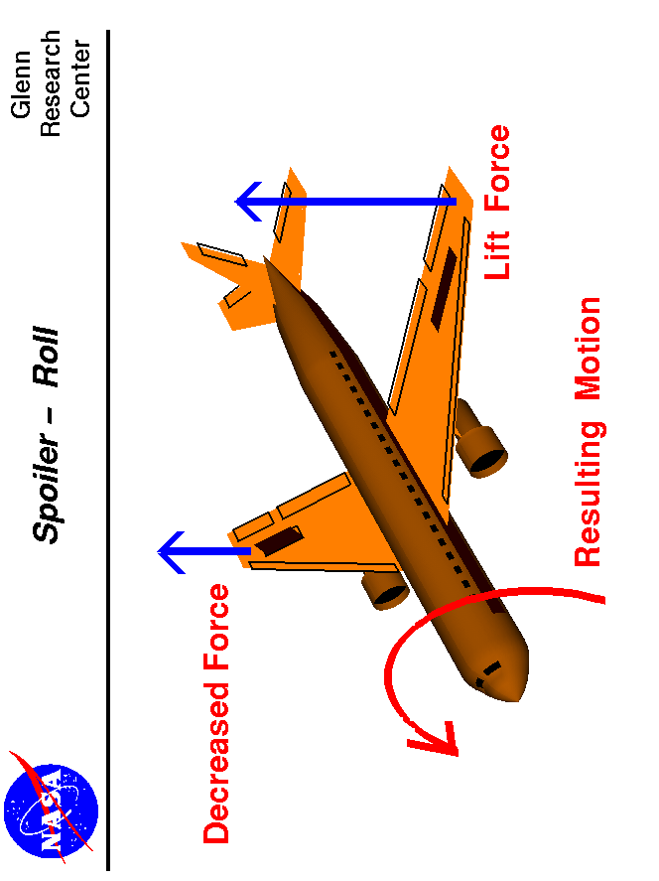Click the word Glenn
[22, 84]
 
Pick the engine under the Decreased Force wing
[386, 592]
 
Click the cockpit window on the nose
[487, 674]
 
